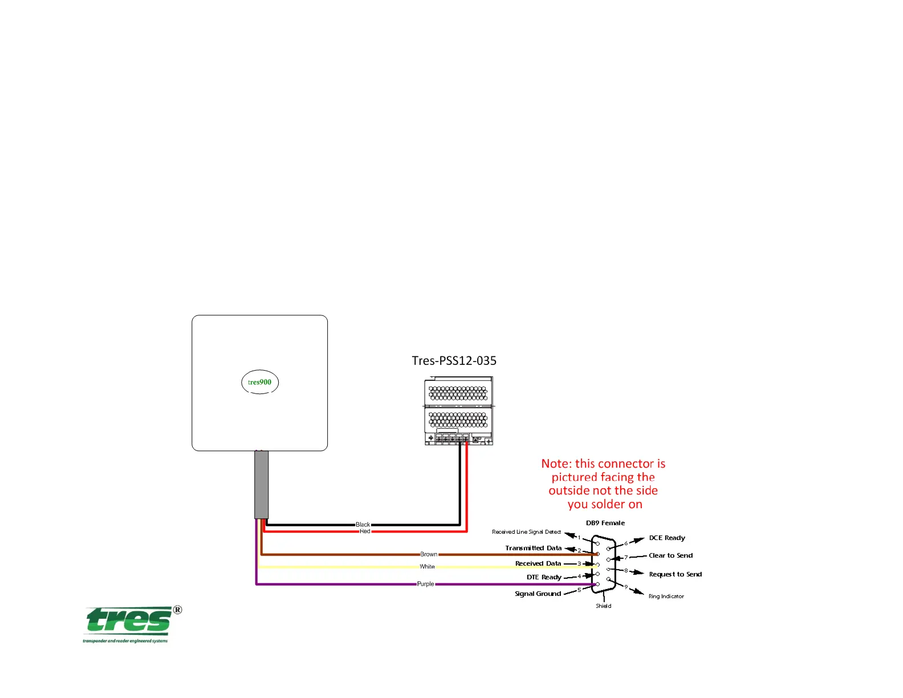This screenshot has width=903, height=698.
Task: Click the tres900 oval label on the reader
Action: (x=259, y=382)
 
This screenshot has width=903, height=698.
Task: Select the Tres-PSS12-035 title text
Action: (x=454, y=360)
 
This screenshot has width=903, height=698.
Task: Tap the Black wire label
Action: (x=363, y=525)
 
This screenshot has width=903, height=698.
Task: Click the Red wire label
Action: (x=365, y=531)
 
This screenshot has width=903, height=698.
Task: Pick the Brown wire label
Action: (x=429, y=554)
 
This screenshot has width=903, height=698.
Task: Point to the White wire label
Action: (x=427, y=567)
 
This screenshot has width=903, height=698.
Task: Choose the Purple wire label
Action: (x=425, y=584)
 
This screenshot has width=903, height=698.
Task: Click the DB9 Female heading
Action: (x=605, y=523)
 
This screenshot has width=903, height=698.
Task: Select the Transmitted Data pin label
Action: (x=533, y=548)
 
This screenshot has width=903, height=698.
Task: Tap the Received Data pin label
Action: (x=538, y=563)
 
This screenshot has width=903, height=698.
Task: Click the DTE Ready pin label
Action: (x=544, y=577)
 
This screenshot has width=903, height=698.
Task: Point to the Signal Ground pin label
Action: (x=538, y=594)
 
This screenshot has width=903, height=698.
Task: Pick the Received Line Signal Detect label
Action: (x=526, y=532)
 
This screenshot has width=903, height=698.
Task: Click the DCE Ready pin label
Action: (x=667, y=538)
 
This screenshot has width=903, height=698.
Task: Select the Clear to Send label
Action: (x=670, y=555)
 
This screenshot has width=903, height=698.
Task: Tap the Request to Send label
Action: (x=675, y=574)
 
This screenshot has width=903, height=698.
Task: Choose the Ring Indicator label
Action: (x=666, y=596)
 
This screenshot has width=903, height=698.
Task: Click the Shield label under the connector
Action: (x=603, y=606)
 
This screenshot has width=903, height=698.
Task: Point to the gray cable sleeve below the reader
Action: (x=261, y=484)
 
